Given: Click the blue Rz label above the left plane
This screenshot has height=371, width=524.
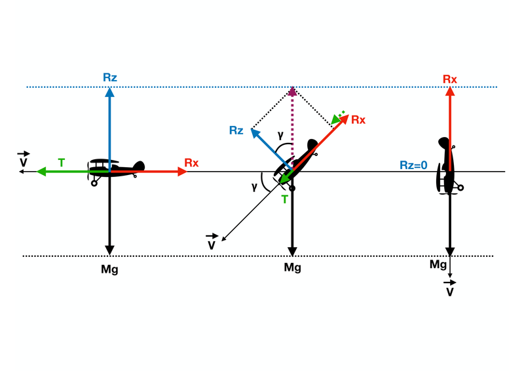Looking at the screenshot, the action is (x=110, y=77).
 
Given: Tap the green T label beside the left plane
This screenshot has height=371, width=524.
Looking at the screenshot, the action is (x=61, y=163).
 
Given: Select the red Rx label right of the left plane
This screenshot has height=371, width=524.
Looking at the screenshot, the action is (x=191, y=163).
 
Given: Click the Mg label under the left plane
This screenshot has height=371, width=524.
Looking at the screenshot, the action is (x=109, y=269).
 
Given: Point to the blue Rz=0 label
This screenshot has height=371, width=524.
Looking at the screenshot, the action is (x=413, y=165).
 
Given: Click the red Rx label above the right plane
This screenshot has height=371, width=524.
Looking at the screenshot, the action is (x=450, y=79).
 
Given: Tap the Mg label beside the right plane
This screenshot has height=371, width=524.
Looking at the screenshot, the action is (x=438, y=265).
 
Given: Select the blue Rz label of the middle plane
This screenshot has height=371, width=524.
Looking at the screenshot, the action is (x=236, y=130).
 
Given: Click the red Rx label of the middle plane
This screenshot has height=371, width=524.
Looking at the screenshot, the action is (x=358, y=120).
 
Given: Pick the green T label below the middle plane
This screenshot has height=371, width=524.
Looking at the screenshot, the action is (x=284, y=199).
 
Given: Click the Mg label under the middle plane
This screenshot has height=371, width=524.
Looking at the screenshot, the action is (x=292, y=267).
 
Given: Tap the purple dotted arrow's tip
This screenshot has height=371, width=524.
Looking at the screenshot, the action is (x=293, y=87).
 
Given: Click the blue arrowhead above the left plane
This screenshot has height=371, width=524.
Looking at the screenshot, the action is (x=109, y=92).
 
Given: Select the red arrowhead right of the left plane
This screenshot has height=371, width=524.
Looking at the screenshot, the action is (x=183, y=172).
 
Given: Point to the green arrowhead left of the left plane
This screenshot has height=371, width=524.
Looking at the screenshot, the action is (x=41, y=172).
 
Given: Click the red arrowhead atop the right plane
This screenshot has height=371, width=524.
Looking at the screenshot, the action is (x=450, y=91).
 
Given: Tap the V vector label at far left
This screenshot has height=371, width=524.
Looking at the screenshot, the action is (x=24, y=159).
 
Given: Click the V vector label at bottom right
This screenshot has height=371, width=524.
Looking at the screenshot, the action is (x=450, y=288).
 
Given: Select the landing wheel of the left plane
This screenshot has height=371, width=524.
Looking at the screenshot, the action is (x=94, y=184).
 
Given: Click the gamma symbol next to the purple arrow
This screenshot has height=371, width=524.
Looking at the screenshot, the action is (x=280, y=135).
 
